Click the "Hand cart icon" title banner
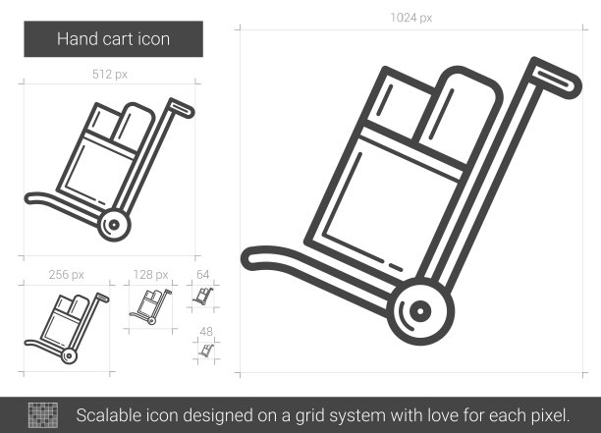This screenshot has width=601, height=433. click(x=114, y=39)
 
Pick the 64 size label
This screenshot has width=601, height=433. click(x=202, y=274)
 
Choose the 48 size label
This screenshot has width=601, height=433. click(x=206, y=331)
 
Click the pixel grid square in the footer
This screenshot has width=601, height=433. click(x=43, y=415)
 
